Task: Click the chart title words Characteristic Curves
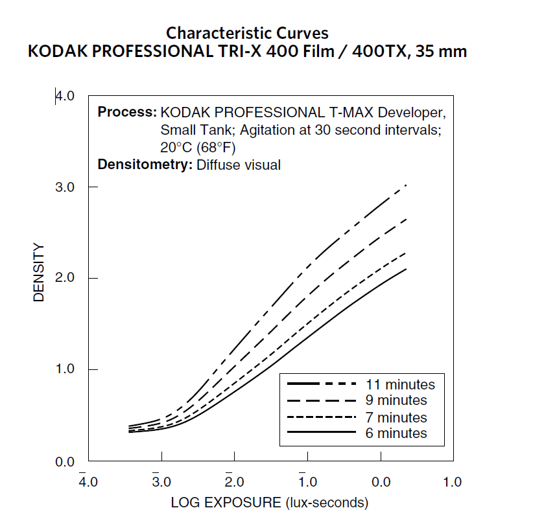click(247, 32)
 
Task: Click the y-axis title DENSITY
click(39, 272)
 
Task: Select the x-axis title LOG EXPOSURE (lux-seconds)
click(270, 502)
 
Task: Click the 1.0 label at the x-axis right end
click(451, 482)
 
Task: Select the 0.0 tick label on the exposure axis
click(381, 482)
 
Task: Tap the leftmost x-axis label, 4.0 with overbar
click(88, 482)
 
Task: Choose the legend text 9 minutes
click(396, 400)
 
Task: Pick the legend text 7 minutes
click(396, 417)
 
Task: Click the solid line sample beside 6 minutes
click(322, 432)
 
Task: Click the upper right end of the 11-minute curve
click(405, 185)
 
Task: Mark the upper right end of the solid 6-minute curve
click(406, 269)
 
